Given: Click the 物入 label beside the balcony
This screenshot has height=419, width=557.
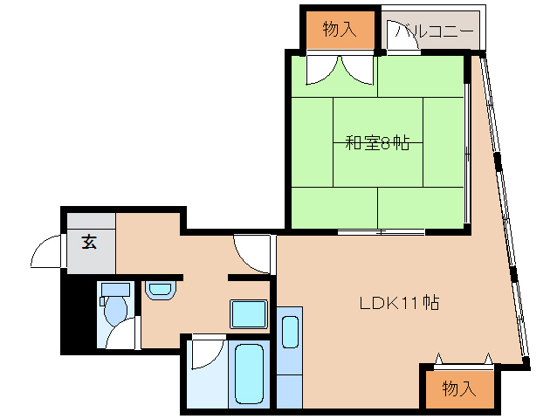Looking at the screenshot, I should pyautogui.click(x=340, y=30).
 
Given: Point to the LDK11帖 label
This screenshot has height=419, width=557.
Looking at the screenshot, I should pyautogui.click(x=399, y=304).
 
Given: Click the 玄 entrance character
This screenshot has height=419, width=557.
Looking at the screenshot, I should pyautogui.click(x=89, y=242).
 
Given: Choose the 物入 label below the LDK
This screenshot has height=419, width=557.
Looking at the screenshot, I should pyautogui.click(x=458, y=388).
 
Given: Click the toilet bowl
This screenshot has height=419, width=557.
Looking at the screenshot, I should pyautogui.click(x=113, y=313).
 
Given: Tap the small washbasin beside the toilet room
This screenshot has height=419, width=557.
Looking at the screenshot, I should pyautogui.click(x=160, y=289).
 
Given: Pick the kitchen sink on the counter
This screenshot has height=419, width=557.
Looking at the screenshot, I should pyautogui.click(x=290, y=333).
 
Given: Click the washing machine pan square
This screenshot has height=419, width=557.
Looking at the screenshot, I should pyautogui.click(x=249, y=313).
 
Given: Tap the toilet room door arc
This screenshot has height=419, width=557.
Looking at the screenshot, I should pyautogui.click(x=125, y=333).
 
